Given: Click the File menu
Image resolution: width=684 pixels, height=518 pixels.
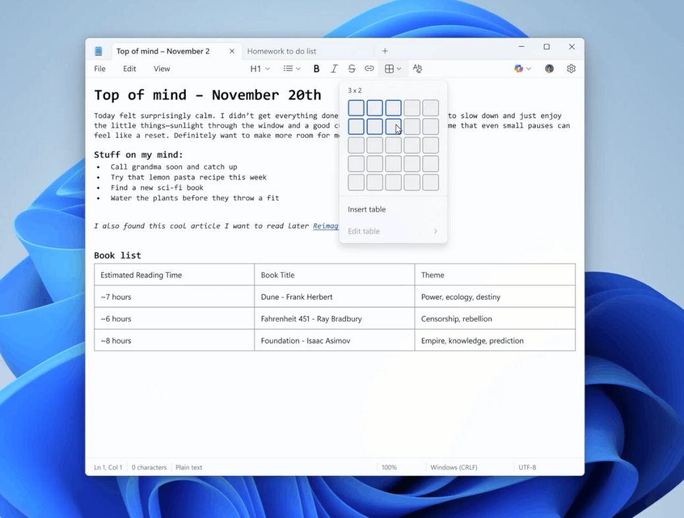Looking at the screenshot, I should pos(100,69).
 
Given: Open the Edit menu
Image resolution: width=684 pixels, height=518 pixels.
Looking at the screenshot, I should pos(129,69).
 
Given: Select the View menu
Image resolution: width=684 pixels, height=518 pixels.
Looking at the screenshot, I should pos(161,69).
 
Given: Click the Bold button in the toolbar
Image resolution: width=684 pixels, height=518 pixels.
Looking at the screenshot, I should pos(316,69).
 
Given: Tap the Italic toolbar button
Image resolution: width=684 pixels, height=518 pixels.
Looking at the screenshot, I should pos(334,69).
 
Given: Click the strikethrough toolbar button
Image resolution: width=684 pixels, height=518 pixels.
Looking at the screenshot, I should pos(352,69).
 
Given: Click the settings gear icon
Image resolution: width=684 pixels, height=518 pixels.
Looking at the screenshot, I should pos(571,69).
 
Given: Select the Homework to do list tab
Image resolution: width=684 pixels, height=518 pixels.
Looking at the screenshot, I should pos(281,51).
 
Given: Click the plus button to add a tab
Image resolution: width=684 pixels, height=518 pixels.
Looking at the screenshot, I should pos(385,51).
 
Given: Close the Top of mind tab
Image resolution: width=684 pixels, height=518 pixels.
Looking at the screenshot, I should pos(232,51).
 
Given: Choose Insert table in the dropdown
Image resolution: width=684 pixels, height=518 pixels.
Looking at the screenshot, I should pos(367,210).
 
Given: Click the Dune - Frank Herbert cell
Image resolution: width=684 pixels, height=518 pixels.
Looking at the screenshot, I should pos(297,297).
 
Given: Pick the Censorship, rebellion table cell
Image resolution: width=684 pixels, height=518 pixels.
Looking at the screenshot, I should pos(457,319).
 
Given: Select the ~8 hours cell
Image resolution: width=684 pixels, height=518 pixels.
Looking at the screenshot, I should pos(116,341).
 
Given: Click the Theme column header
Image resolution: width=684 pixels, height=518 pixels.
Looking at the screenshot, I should pos(433,275).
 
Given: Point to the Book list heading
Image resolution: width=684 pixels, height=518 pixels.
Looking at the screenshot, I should pos(117,255).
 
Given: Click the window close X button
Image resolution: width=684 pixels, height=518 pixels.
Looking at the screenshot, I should pos(571,47).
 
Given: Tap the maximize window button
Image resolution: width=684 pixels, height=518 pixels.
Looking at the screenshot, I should pos(546,47).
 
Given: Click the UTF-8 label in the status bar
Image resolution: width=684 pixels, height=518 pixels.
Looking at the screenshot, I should pos(527,467).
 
